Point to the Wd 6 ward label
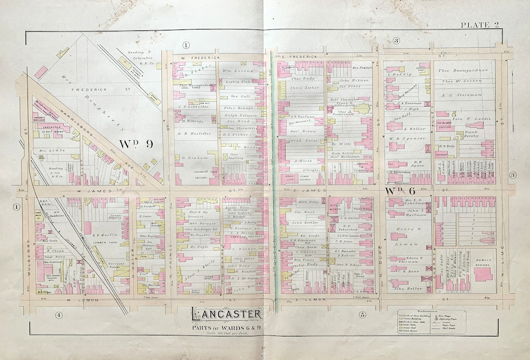[397, 190]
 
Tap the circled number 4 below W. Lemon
[58, 314]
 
